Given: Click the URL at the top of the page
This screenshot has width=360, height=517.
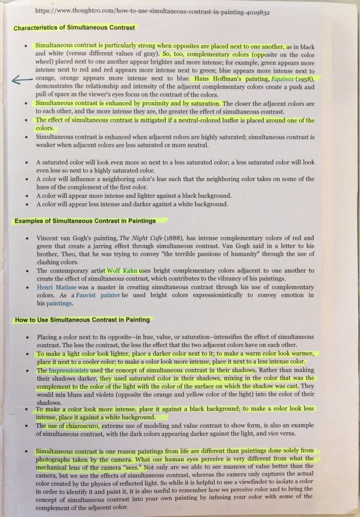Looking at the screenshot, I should [x=152, y=12].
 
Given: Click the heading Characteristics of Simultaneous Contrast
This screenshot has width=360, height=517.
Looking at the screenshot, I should [x=74, y=28].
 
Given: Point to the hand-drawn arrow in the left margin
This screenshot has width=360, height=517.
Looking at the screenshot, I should [x=21, y=79].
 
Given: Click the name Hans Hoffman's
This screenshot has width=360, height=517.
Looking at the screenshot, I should [x=213, y=79].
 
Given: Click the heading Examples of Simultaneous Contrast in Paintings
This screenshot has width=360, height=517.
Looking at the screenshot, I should [x=85, y=221].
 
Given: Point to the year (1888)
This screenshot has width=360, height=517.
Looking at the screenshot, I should [x=173, y=238].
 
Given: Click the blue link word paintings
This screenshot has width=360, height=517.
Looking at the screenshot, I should [x=60, y=304].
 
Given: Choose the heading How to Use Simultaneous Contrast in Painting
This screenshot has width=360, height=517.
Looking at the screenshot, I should [x=82, y=320].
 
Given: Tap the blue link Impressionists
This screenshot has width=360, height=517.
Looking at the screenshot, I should [x=69, y=370].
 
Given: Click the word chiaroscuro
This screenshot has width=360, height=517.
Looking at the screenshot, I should [x=83, y=426].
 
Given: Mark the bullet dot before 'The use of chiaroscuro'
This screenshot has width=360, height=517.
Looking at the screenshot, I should [x=27, y=426].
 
